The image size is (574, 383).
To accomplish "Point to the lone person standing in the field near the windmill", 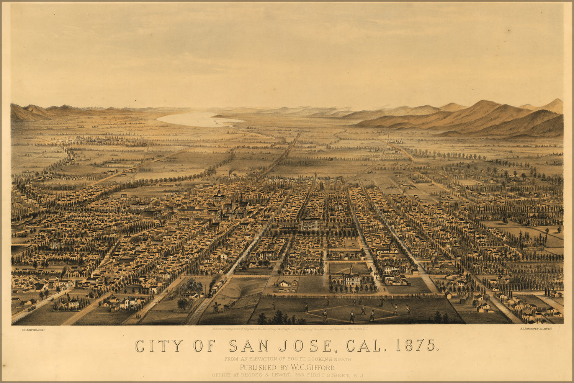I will (x=273, y=305).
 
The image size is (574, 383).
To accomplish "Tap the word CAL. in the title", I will (x=364, y=345).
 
